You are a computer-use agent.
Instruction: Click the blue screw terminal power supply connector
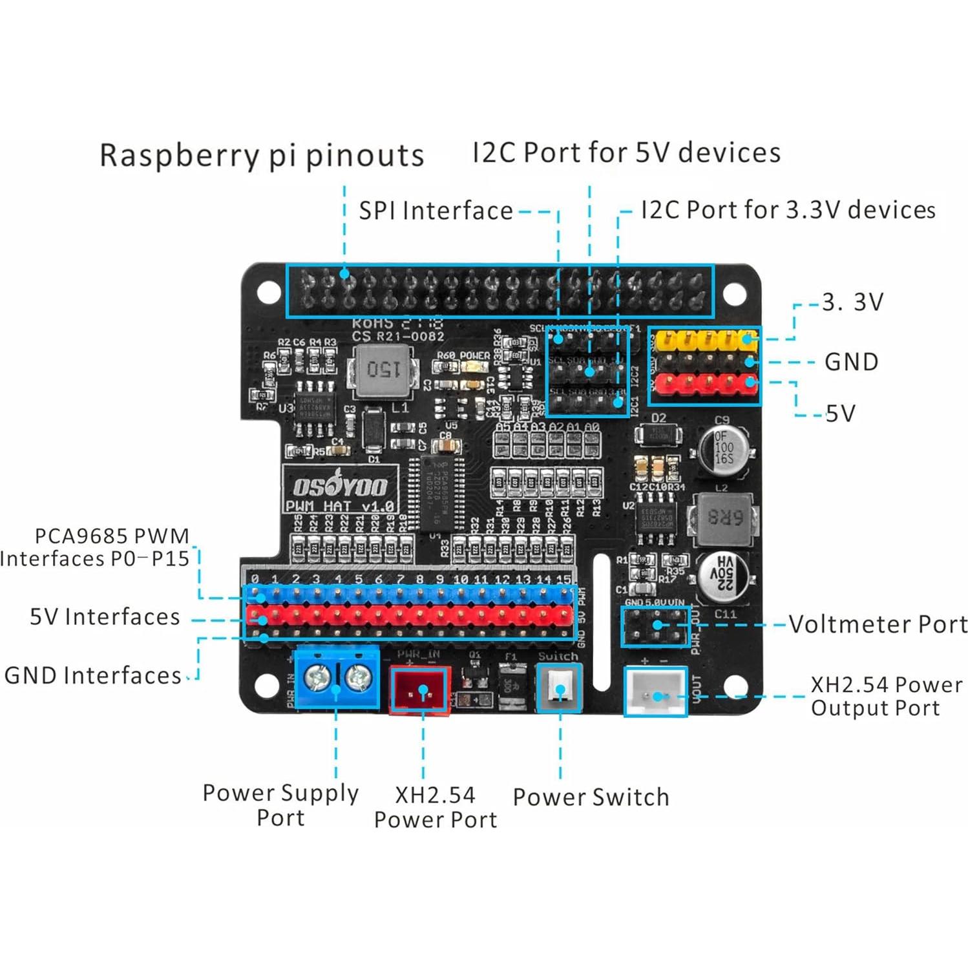pyautogui.click(x=336, y=679)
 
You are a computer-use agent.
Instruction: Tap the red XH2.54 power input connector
pyautogui.click(x=421, y=690)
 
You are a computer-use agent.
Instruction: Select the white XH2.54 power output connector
pyautogui.click(x=655, y=691)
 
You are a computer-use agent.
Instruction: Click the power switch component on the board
pyautogui.click(x=560, y=688)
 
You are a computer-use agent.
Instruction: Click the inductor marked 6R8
pyautogui.click(x=724, y=517)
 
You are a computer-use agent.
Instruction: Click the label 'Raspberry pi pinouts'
pyautogui.click(x=262, y=156)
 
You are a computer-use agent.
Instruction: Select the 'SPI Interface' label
pyautogui.click(x=436, y=211)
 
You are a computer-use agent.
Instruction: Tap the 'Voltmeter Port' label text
pyautogui.click(x=878, y=624)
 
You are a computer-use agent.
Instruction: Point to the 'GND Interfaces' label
pyautogui.click(x=93, y=675)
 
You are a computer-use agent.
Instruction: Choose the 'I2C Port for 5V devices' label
pyautogui.click(x=626, y=153)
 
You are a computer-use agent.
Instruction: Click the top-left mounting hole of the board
pyautogui.click(x=269, y=292)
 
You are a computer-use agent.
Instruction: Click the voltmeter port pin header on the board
pyautogui.click(x=655, y=626)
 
